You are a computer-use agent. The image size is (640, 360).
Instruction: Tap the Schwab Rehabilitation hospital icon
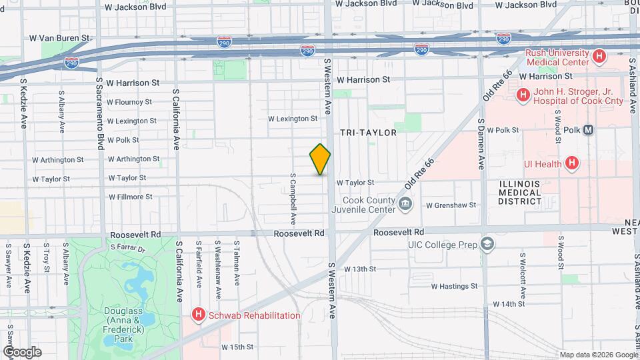tap(198, 315)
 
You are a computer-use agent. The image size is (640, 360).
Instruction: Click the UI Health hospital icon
tap(571, 163)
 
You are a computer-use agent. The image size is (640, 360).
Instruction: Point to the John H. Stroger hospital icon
tap(523, 96)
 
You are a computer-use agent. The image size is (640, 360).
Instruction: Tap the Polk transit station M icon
tap(588, 130)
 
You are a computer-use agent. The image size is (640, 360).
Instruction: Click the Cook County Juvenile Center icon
tap(405, 203)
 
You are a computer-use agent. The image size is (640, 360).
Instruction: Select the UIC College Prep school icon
tap(488, 245)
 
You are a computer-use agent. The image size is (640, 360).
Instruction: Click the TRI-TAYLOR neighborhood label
tap(368, 133)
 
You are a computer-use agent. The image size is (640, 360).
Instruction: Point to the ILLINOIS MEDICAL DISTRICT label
tap(521, 192)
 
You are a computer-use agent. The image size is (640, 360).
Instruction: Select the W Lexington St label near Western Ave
tap(293, 119)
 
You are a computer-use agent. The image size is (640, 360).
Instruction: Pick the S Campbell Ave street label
tap(293, 199)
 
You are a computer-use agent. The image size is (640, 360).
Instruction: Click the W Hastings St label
tap(454, 286)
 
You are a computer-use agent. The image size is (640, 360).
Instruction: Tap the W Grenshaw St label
tap(451, 205)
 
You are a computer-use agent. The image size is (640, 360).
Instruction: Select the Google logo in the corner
tap(22, 352)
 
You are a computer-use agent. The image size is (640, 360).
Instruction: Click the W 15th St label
tap(238, 347)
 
